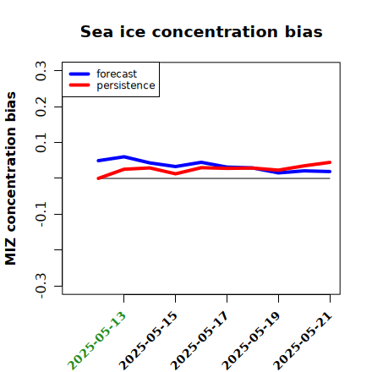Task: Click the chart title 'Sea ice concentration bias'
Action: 201,31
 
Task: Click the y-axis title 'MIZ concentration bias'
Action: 10,178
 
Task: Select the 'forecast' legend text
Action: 117,74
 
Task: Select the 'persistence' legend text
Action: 126,85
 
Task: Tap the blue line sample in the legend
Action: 79,74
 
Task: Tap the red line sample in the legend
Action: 79,85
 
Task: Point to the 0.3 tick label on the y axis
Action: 41,71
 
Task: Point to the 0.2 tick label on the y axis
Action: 41,107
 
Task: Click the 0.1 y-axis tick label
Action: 41,143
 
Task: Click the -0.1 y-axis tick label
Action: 41,215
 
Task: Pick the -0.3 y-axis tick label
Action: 41,286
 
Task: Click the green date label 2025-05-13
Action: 96,341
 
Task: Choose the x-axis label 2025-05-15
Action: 148,341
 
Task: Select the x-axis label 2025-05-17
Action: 200,341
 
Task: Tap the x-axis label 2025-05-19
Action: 251,341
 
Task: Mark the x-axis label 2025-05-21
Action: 303,341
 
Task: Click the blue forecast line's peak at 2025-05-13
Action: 124,156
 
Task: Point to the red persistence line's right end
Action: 330,162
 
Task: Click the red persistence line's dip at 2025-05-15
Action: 175,173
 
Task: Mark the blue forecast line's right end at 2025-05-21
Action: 330,172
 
